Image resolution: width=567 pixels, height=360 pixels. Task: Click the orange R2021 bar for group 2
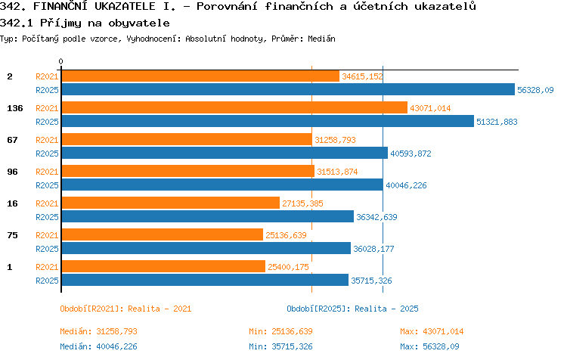[200, 76]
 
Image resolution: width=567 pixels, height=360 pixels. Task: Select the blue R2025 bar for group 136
[268, 121]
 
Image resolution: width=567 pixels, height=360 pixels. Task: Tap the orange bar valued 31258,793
[187, 139]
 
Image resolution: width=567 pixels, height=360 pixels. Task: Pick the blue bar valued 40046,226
[222, 185]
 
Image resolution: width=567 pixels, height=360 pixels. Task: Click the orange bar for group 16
[171, 203]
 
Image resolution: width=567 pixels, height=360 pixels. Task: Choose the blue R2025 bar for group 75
[206, 248]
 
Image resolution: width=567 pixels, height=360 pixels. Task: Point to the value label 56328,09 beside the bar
[535, 90]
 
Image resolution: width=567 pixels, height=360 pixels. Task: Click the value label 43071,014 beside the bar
[430, 108]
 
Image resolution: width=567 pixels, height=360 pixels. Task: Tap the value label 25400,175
[288, 267]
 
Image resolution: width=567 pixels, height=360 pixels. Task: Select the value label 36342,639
[376, 217]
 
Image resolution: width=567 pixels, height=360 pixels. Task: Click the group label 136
[15, 108]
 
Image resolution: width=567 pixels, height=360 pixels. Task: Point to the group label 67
[12, 140]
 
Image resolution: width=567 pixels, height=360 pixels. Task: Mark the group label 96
[12, 172]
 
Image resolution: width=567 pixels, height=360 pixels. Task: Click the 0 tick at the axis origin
[60, 61]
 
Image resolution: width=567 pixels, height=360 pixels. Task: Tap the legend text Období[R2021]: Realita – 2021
[125, 309]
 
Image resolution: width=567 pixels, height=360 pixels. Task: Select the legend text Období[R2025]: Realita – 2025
[352, 309]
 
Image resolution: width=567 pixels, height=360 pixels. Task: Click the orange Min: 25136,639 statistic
[280, 331]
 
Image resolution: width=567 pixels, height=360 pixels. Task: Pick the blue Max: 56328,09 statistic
[429, 346]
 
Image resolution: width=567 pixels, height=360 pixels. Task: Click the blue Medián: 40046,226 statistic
[99, 346]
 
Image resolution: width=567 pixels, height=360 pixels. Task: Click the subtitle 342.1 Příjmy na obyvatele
[85, 23]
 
